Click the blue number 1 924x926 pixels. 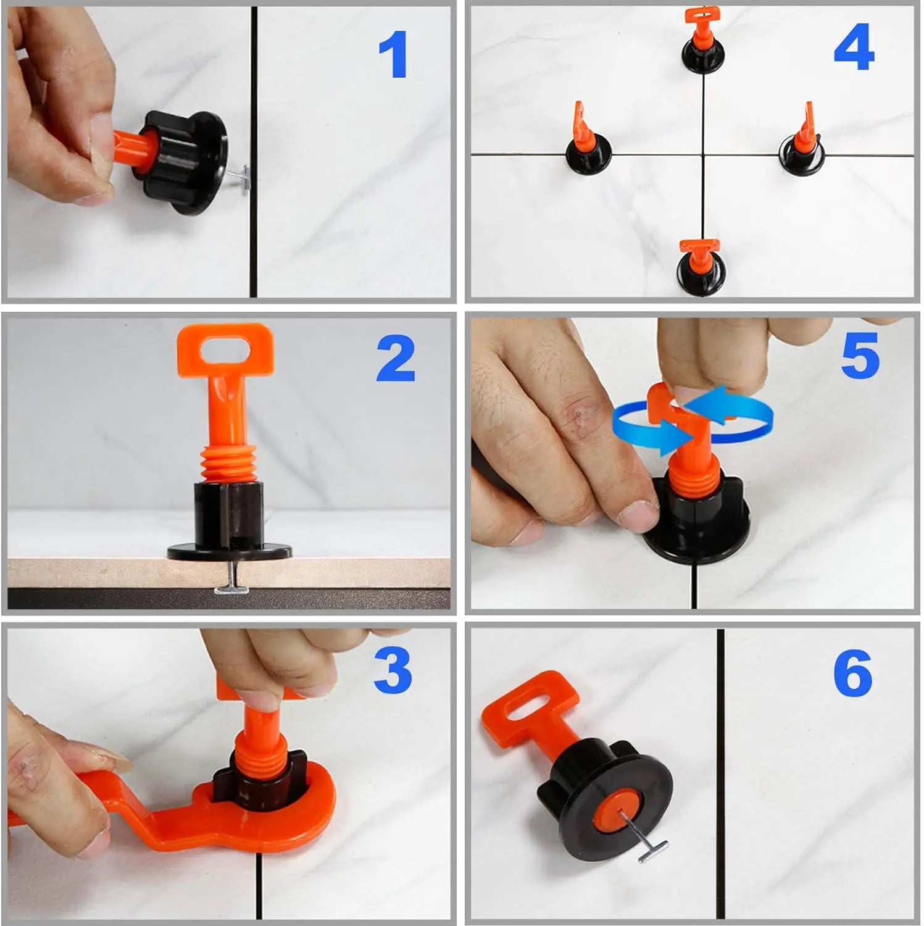click(393, 55)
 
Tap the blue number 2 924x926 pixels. click(395, 359)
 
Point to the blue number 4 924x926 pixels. click(854, 48)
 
